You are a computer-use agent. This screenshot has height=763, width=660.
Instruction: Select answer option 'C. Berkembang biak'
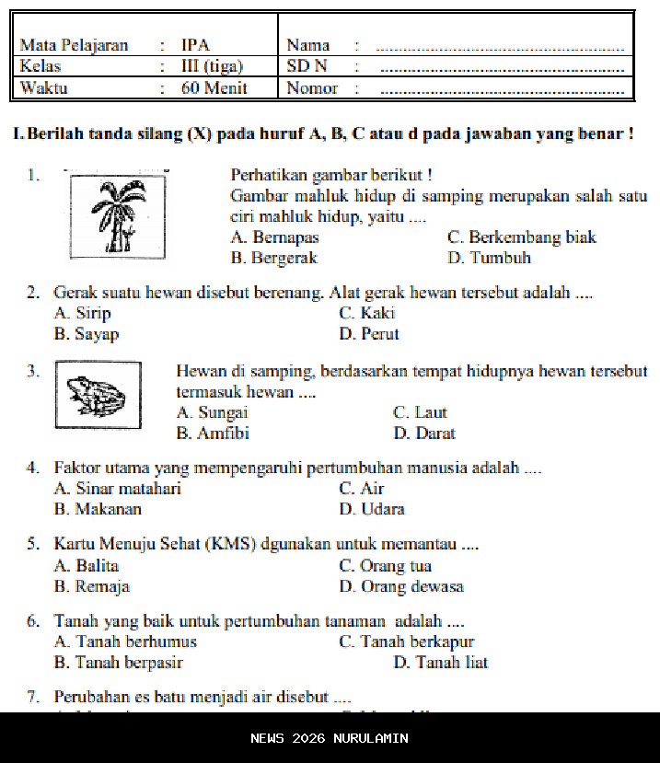pyautogui.click(x=521, y=237)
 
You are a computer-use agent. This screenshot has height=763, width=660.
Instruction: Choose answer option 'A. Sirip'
pyautogui.click(x=82, y=314)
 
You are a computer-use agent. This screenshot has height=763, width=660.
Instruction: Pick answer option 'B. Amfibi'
pyautogui.click(x=213, y=434)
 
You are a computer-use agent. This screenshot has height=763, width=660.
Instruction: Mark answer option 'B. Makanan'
pyautogui.click(x=98, y=509)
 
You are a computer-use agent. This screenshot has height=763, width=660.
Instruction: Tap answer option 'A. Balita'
pyautogui.click(x=87, y=566)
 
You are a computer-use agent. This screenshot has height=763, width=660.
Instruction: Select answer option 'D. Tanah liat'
pyautogui.click(x=440, y=663)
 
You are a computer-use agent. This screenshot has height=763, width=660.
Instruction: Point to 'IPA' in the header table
pyautogui.click(x=195, y=45)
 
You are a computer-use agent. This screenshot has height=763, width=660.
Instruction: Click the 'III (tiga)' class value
pyautogui.click(x=212, y=66)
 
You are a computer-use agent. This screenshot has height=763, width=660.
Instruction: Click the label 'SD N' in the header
pyautogui.click(x=307, y=66)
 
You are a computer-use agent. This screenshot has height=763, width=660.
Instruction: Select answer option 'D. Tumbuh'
pyautogui.click(x=489, y=259)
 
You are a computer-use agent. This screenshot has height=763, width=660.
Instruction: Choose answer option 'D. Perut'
pyautogui.click(x=368, y=334)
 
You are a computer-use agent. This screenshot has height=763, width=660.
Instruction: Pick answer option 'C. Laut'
pyautogui.click(x=419, y=413)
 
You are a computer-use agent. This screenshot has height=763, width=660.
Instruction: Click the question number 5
pyautogui.click(x=32, y=544)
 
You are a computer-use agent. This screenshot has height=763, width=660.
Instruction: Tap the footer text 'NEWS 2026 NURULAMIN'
pyautogui.click(x=330, y=738)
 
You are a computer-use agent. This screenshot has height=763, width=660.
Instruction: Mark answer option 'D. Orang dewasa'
pyautogui.click(x=400, y=586)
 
